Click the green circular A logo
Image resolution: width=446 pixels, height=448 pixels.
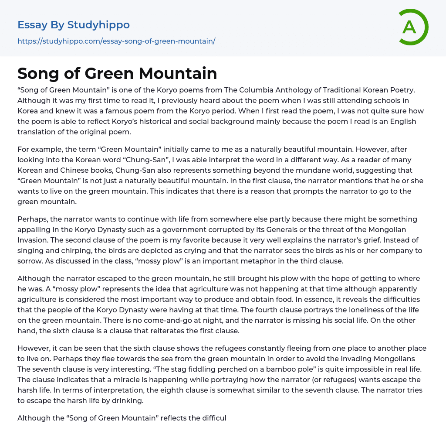[413, 27]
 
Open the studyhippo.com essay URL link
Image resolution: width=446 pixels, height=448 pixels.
[116, 41]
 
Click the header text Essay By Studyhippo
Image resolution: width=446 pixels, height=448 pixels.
[74, 25]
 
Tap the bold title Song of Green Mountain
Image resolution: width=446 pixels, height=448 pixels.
[117, 73]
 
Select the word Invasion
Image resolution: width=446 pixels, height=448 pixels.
[32, 240]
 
